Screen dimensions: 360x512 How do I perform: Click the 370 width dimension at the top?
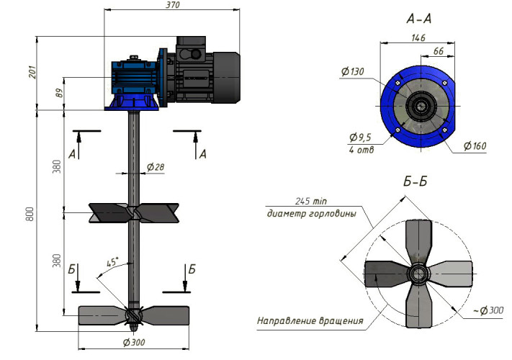[x=172, y=6]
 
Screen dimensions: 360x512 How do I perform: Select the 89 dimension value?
[x=57, y=93]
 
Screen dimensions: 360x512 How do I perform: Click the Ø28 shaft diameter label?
[x=155, y=167]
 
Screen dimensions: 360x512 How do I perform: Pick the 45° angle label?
[x=112, y=264]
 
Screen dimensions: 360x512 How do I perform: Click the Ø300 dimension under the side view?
[x=135, y=341]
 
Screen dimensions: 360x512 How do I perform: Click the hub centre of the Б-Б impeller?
[x=417, y=274]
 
